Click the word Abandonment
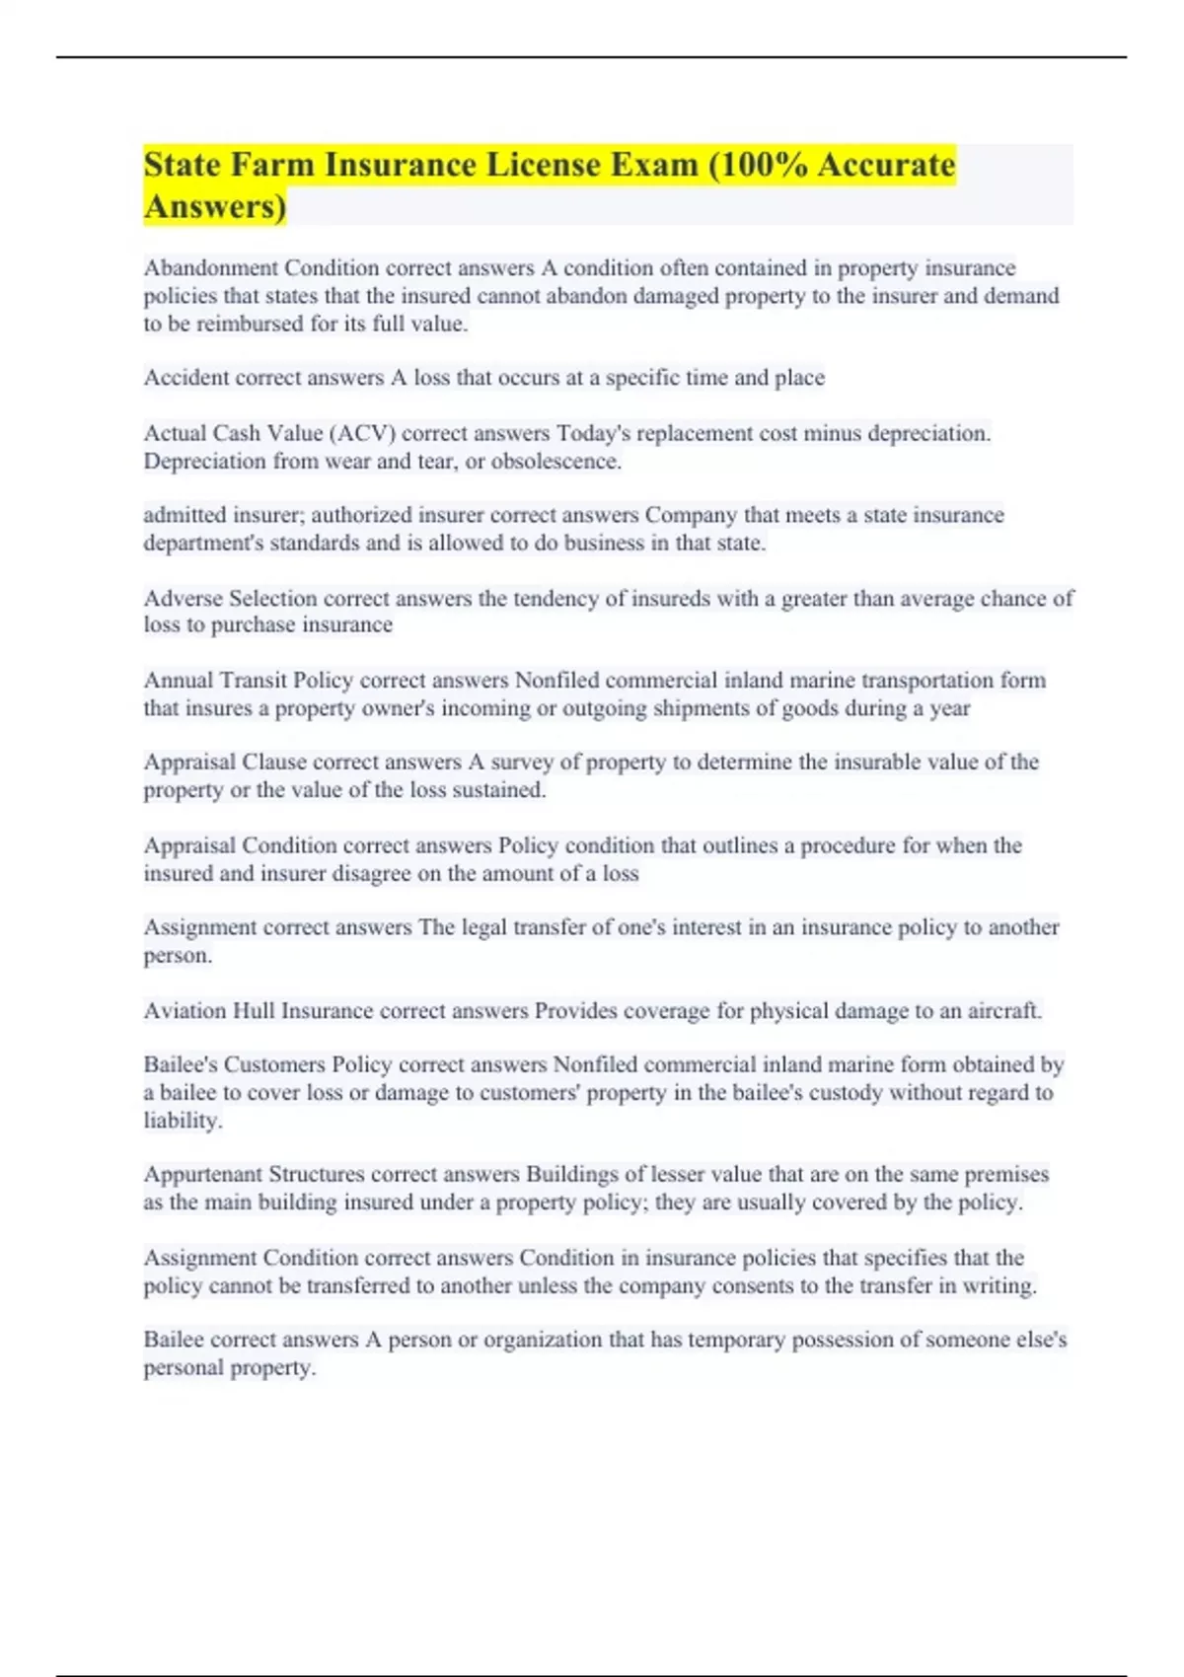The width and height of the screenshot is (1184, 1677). click(x=211, y=268)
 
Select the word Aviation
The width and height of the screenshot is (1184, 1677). click(x=185, y=1011)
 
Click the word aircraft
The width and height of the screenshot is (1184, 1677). click(x=1006, y=1011)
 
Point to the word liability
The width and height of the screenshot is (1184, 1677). click(x=183, y=1121)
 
